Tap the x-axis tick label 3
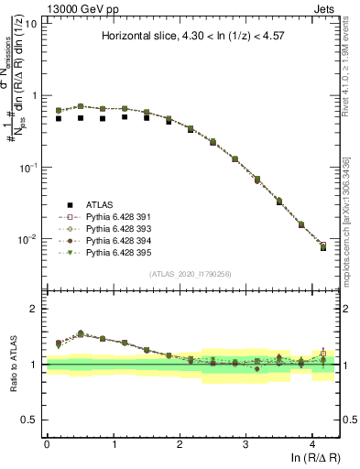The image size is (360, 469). pyautogui.click(x=245, y=443)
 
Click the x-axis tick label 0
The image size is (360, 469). pyautogui.click(x=47, y=443)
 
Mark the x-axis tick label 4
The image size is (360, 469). pyautogui.click(x=312, y=443)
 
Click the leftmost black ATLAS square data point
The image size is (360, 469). pyautogui.click(x=58, y=118)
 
